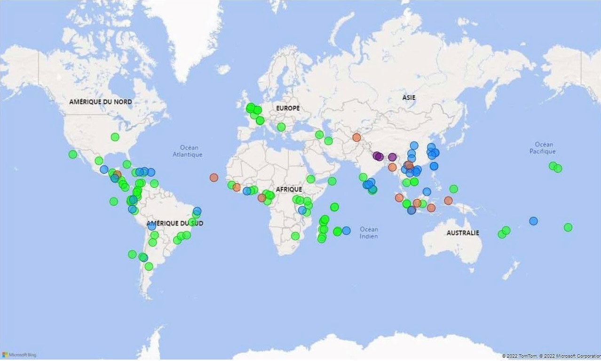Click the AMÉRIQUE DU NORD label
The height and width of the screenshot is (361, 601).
coord(100,102)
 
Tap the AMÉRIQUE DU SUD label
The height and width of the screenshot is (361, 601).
coord(174,223)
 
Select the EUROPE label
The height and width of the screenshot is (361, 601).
coord(287,108)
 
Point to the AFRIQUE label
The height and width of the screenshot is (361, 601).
coord(289,189)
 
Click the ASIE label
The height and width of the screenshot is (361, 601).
coord(409,97)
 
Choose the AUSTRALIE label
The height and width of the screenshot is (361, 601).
coord(463,233)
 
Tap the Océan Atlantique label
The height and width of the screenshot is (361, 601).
coord(187,151)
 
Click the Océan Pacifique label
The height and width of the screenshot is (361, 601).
coord(544,148)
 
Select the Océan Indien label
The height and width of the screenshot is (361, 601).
coord(369,233)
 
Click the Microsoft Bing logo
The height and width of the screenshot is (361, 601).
coord(19,355)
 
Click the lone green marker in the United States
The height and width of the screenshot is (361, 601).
coord(115,137)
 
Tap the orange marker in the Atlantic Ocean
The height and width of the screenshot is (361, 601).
coord(214,177)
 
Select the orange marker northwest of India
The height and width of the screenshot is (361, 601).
coord(356,137)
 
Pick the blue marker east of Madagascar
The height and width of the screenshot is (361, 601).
coord(346,231)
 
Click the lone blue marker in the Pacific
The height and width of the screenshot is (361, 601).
coord(533,221)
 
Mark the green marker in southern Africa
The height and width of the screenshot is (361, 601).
coord(295,236)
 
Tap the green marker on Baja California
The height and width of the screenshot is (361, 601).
coord(72,154)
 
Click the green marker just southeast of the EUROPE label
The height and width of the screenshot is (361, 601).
coord(281,127)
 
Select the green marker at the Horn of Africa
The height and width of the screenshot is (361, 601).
coord(332,181)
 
